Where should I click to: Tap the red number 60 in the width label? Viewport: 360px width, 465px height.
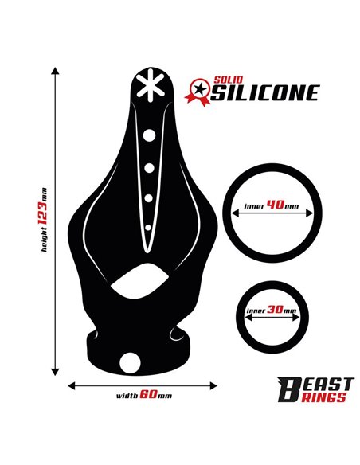click(x=148, y=394)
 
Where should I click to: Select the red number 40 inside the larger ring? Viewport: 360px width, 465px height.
click(x=276, y=204)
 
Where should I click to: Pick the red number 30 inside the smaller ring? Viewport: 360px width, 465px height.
click(x=275, y=309)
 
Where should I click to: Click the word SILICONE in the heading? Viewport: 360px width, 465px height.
click(x=266, y=93)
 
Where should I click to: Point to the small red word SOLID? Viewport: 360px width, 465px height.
click(x=228, y=80)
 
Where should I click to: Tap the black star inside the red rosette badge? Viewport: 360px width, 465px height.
click(x=200, y=88)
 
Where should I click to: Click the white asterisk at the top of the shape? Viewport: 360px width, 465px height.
click(x=151, y=85)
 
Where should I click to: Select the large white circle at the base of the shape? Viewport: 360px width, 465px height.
click(x=130, y=363)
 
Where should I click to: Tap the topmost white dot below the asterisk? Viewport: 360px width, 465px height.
click(x=149, y=135)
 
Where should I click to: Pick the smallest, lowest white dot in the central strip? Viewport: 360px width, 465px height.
click(x=148, y=228)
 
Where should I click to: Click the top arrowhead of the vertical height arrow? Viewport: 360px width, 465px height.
click(x=55, y=71)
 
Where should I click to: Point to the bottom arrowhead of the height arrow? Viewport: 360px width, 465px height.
click(x=55, y=372)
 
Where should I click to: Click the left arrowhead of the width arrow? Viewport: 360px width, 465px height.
click(x=72, y=386)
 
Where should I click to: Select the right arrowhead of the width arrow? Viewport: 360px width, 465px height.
click(x=213, y=386)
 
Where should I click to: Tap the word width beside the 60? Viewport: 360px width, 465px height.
click(x=127, y=396)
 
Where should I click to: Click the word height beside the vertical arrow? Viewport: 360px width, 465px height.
click(x=44, y=240)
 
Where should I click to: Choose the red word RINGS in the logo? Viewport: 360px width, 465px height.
click(x=324, y=397)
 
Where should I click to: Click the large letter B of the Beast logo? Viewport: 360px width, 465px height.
click(x=288, y=389)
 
